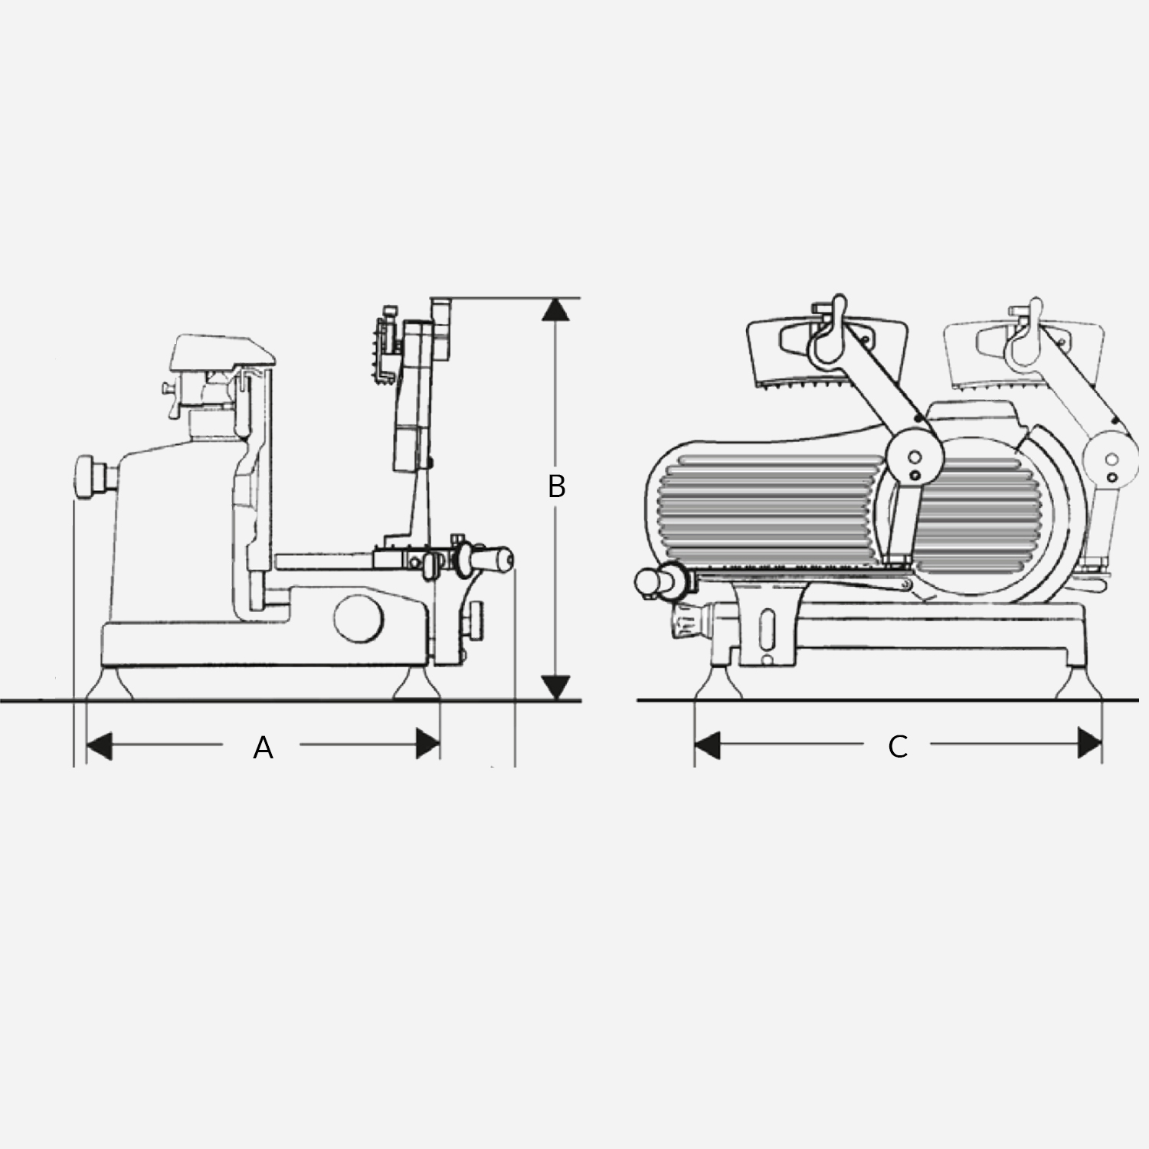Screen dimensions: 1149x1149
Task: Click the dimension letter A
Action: click(263, 747)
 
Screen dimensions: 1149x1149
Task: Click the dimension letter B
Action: click(557, 486)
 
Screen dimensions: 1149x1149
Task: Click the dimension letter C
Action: click(898, 746)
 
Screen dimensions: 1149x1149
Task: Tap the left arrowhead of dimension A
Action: click(100, 745)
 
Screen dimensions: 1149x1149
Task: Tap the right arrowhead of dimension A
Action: click(427, 744)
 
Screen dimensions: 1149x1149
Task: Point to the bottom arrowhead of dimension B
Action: click(556, 688)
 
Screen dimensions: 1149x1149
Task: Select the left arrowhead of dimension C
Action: click(707, 745)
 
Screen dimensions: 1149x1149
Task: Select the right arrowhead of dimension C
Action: click(1089, 744)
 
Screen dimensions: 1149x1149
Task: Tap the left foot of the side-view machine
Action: click(112, 683)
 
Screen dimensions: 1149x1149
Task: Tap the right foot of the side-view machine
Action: click(417, 683)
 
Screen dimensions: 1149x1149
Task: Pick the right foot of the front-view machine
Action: click(1079, 683)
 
